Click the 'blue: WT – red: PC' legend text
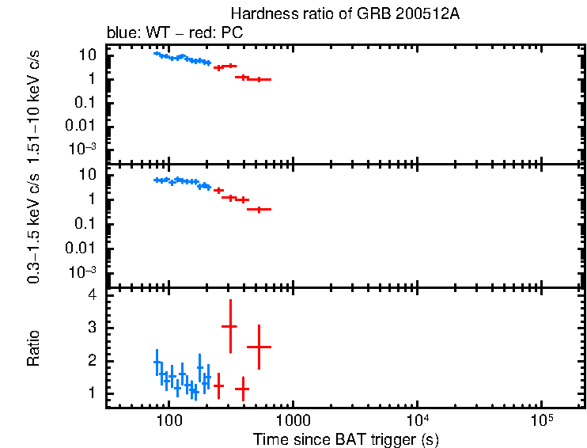click(175, 33)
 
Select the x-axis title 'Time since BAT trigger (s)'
click(346, 439)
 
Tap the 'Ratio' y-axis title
click(33, 348)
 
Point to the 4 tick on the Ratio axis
click(92, 294)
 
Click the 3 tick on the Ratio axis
click(92, 327)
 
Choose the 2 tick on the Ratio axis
click(92, 360)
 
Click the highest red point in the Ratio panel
click(230, 326)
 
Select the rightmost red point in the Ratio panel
click(259, 347)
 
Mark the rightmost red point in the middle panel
click(259, 209)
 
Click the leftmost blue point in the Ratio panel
click(157, 363)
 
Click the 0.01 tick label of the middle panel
click(82, 248)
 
